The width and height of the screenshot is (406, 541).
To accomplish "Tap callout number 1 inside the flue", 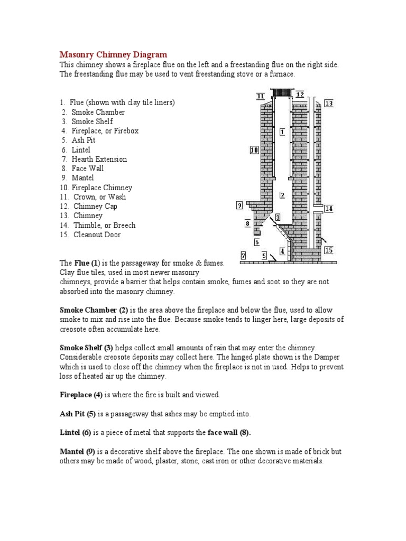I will [282, 131].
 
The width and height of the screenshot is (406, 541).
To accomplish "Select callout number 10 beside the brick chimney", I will [254, 150].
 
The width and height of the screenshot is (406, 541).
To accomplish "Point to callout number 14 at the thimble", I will [328, 209].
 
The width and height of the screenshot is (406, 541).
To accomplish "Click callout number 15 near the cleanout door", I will [329, 250].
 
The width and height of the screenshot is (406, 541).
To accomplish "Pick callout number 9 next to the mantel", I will [239, 205].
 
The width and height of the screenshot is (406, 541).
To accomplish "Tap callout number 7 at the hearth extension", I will [243, 255].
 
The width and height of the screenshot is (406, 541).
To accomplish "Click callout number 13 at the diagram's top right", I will [329, 104].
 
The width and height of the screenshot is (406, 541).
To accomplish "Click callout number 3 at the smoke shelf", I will [277, 217].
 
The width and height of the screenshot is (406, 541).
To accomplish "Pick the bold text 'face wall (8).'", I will [229, 433].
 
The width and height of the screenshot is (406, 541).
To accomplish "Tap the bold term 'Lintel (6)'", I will [76, 433].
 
